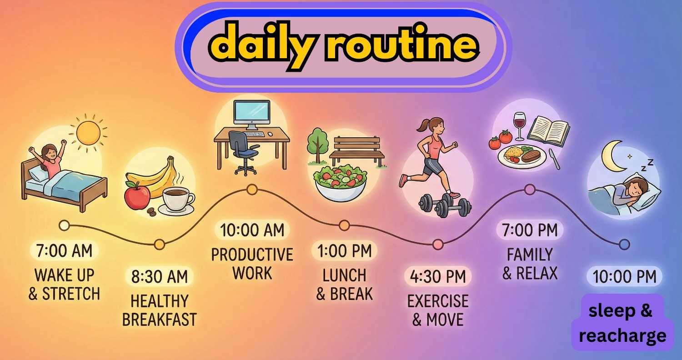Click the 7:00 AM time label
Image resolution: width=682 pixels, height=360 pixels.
click(64, 251)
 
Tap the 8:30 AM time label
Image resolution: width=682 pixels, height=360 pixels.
click(159, 276)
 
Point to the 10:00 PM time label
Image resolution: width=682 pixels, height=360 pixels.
click(624, 276)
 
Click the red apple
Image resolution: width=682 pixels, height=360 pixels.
click(137, 196)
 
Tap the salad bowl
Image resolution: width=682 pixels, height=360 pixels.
click(341, 182)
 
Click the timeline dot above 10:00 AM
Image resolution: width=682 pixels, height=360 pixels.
click(252, 189)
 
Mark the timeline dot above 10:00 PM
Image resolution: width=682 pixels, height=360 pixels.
click(624, 245)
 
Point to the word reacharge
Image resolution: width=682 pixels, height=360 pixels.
click(622, 336)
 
